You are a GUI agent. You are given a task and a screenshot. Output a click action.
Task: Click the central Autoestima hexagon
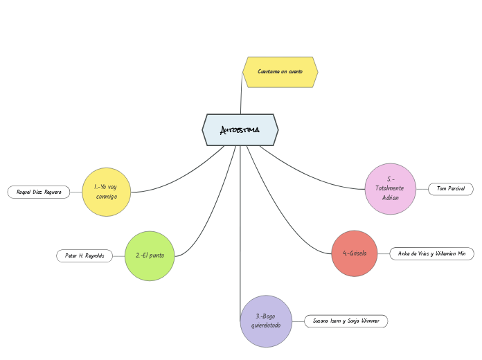coord(240,130)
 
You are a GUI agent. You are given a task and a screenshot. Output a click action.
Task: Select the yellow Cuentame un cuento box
coord(280,72)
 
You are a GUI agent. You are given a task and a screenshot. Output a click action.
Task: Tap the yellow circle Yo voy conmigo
coord(107,192)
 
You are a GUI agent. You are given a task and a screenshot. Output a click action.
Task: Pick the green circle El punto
coord(150,256)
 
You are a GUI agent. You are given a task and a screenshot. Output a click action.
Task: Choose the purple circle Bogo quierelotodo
coord(266,321)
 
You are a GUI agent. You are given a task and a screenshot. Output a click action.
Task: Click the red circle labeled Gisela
coord(355,253)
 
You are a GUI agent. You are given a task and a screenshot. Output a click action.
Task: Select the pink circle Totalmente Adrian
coord(391,189)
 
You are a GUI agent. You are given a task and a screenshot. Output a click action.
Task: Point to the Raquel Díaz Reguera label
coord(39,192)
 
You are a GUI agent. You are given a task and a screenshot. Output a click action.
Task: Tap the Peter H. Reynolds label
coord(84,256)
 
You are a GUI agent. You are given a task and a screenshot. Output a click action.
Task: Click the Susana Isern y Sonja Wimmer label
coord(346,321)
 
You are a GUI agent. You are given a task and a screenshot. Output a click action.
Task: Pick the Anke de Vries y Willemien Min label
coord(431,254)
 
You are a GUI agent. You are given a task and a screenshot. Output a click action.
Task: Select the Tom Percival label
coord(451,189)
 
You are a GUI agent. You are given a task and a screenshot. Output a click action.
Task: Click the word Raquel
coord(24,192)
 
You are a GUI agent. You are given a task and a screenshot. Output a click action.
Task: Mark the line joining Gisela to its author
coord(384,254)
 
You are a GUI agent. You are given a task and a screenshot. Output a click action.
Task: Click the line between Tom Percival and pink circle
coord(422,189)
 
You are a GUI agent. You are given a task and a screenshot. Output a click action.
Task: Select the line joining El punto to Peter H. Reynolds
coord(118,256)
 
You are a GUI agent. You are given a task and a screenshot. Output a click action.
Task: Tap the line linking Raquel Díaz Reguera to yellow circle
coord(75,192)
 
